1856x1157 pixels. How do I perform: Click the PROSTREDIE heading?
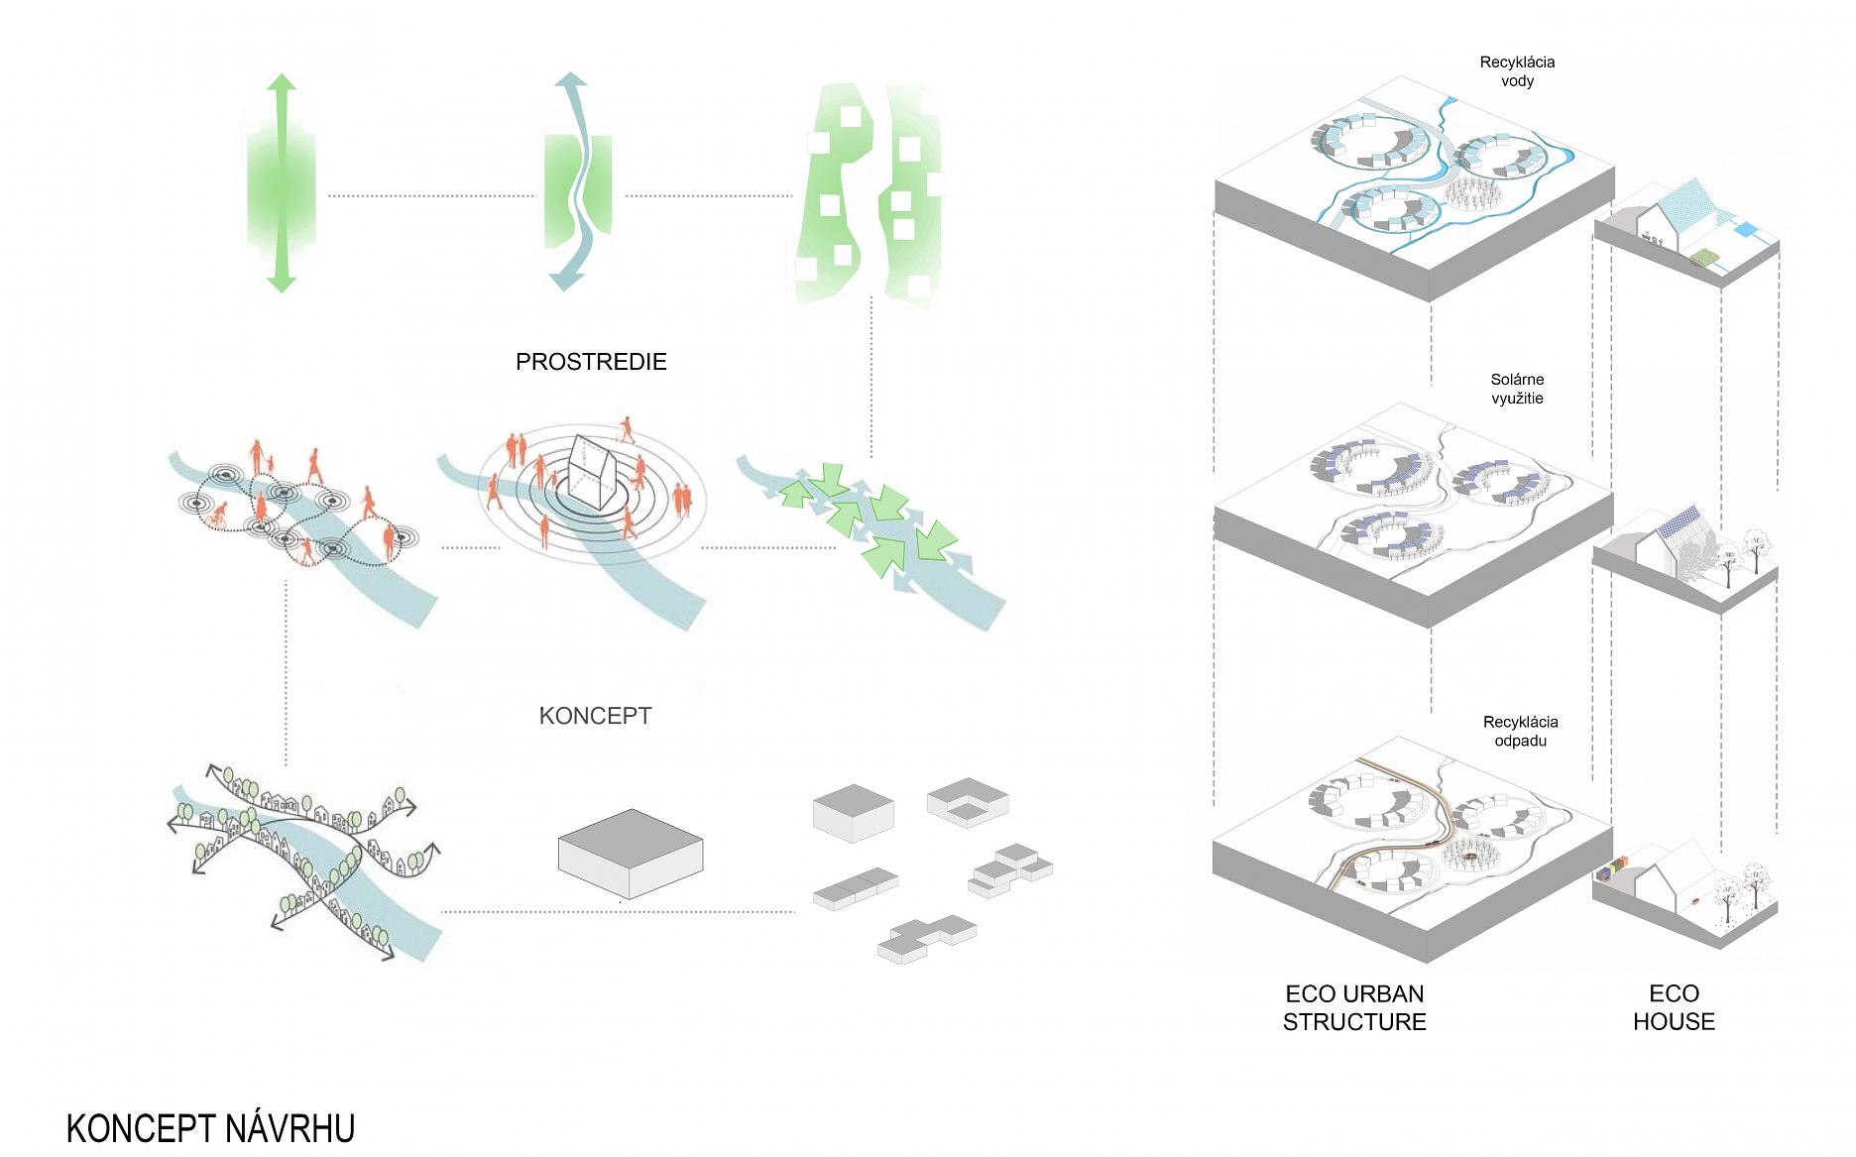point(591,362)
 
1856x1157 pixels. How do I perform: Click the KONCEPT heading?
point(595,716)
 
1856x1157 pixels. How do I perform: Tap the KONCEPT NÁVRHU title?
point(210,1128)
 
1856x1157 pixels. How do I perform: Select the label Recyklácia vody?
point(1517,71)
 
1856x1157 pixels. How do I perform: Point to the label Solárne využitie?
point(1517,389)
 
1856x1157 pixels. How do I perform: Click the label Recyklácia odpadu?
point(1520,731)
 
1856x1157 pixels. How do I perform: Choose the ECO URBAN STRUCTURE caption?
point(1354,1007)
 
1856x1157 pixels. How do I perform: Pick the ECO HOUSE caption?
point(1674,1007)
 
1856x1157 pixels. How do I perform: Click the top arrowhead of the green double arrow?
point(282,82)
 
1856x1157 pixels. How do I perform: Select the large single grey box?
point(631,853)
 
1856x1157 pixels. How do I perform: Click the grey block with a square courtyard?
point(968,801)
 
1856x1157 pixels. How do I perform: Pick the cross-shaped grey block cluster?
point(927,937)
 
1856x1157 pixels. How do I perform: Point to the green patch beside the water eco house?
point(1703,259)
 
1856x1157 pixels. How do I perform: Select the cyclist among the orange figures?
point(216,515)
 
